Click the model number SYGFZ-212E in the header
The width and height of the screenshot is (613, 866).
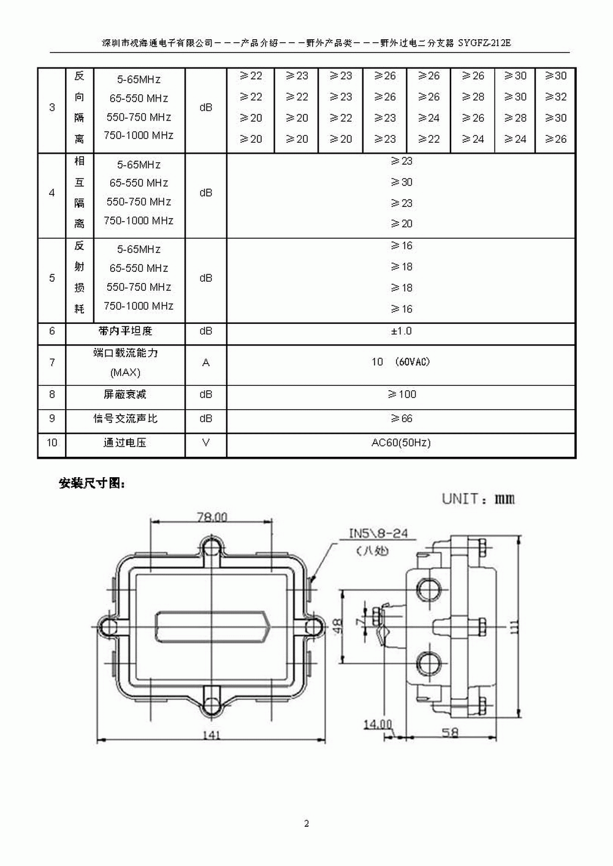click(x=484, y=43)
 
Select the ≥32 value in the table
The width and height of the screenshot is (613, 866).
click(x=556, y=97)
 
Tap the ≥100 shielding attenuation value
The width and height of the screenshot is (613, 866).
click(x=402, y=394)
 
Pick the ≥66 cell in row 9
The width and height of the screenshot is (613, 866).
click(x=402, y=419)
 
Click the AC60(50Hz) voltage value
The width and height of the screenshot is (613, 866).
click(x=401, y=443)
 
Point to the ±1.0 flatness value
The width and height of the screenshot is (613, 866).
click(x=402, y=331)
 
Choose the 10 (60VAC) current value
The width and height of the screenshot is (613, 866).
click(x=401, y=362)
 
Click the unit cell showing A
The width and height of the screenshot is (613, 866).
click(x=206, y=363)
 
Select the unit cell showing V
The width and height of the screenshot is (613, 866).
click(x=206, y=442)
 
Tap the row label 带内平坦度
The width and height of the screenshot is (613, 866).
click(x=125, y=331)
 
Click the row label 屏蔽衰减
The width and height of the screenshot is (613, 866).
click(x=125, y=394)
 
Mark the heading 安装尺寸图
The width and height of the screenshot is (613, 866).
click(x=92, y=483)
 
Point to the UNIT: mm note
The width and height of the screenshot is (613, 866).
click(x=479, y=499)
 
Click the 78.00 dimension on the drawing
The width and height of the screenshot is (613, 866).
click(x=212, y=517)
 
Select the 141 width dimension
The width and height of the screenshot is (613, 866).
click(x=211, y=735)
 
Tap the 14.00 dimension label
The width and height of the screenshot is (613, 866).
click(x=378, y=725)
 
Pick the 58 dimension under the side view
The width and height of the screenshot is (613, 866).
click(x=450, y=732)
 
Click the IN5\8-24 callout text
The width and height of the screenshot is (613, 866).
click(x=378, y=533)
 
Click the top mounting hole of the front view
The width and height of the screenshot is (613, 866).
click(x=211, y=546)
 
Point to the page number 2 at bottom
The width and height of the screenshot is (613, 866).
click(x=306, y=824)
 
